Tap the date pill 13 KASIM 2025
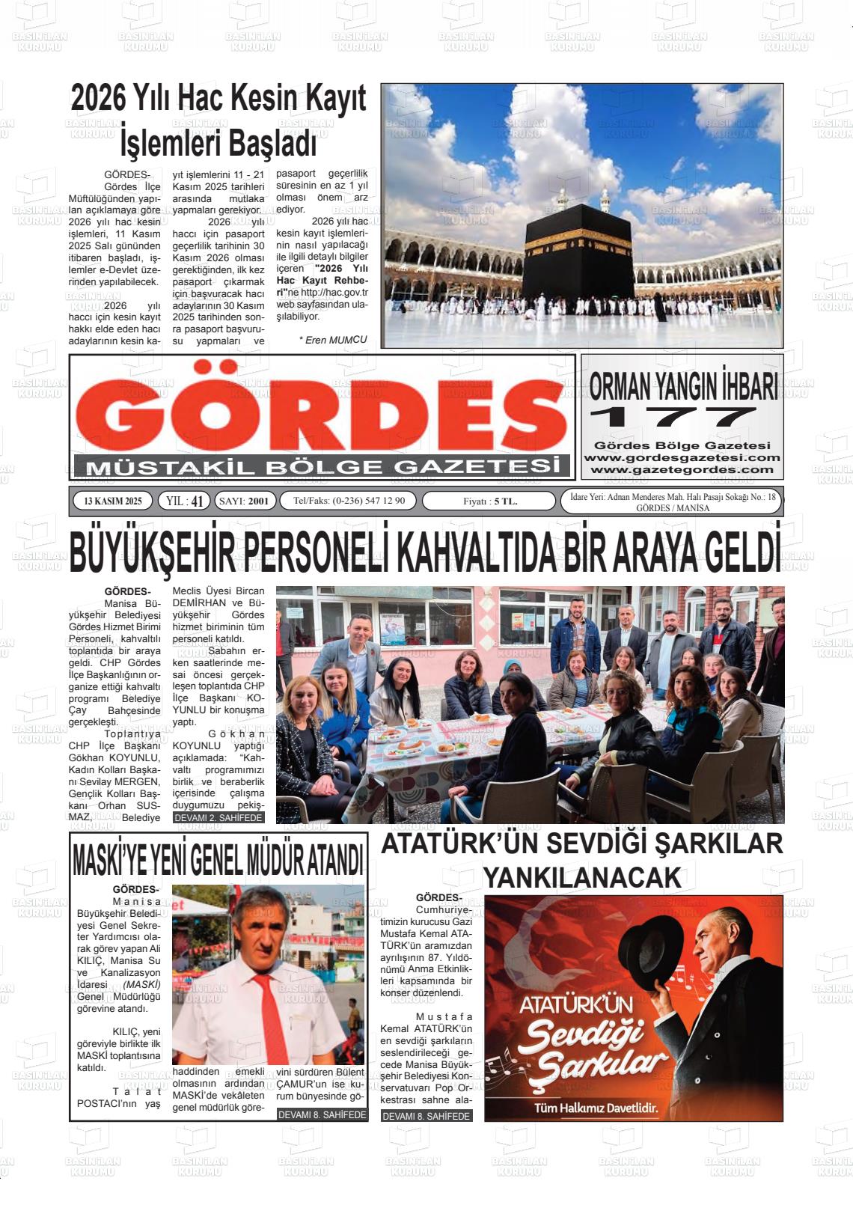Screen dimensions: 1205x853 113,501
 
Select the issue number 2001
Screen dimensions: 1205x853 257,501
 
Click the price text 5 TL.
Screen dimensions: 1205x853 505,501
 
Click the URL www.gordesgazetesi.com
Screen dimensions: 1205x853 682,457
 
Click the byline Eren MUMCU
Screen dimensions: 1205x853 333,340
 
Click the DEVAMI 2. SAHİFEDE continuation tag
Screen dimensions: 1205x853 218,818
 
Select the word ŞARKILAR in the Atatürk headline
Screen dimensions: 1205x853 719,844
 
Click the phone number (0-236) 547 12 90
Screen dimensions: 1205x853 349,501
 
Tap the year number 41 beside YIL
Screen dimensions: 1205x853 198,501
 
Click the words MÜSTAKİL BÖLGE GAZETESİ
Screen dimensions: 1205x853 322,468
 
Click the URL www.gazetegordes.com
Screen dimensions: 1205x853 682,469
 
